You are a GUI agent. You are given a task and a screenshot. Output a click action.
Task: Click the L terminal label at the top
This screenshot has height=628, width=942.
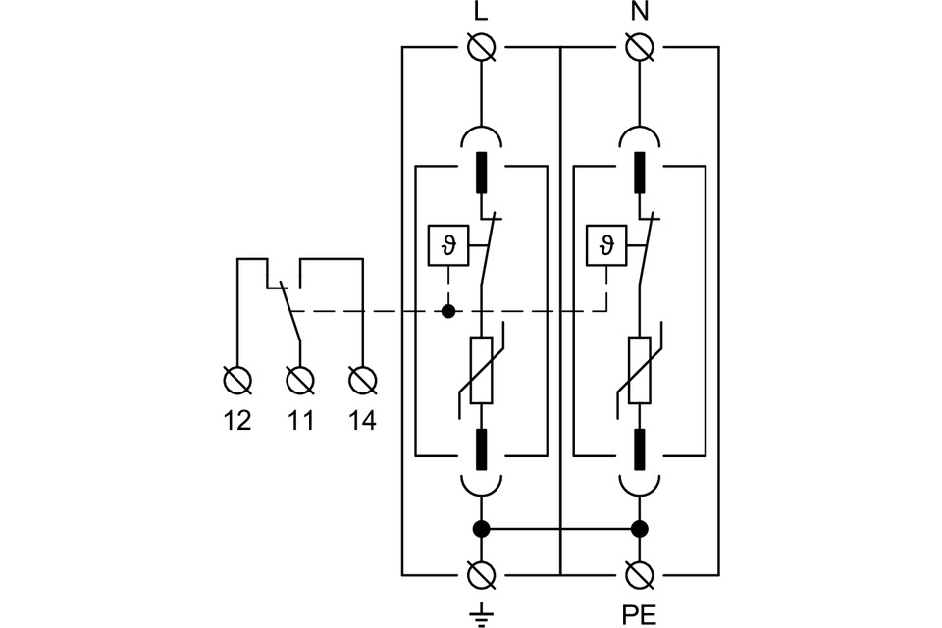[481, 14]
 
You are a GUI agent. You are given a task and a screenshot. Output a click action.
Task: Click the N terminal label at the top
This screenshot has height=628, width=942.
[639, 14]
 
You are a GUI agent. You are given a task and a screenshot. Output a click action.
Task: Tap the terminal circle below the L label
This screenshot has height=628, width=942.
[481, 46]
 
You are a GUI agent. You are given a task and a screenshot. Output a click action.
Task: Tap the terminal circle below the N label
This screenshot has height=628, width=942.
[639, 46]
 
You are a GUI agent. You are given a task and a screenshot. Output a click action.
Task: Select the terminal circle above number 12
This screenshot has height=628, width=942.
[237, 379]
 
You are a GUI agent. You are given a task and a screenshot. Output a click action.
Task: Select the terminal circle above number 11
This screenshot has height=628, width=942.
[300, 379]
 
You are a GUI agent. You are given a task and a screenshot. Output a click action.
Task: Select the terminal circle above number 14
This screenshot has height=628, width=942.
[362, 379]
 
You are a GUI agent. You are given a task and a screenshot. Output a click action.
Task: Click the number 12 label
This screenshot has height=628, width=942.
[237, 421]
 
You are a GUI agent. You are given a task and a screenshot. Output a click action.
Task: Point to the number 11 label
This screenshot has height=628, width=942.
[300, 421]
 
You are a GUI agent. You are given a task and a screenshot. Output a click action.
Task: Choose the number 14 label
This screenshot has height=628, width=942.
[362, 421]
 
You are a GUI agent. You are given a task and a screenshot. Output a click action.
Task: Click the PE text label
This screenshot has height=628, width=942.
[639, 615]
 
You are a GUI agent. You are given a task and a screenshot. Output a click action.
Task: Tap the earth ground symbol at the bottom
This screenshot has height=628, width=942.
[481, 614]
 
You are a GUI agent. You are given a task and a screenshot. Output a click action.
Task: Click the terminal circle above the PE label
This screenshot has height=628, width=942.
[639, 574]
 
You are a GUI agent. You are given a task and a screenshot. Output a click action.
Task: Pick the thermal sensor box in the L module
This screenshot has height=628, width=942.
[448, 245]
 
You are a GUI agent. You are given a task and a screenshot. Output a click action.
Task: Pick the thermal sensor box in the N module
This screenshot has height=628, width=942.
[606, 245]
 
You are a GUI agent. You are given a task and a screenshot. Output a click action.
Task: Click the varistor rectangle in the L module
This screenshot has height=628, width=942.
[481, 370]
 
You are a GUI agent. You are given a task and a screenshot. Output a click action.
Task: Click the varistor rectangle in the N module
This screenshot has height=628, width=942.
[639, 370]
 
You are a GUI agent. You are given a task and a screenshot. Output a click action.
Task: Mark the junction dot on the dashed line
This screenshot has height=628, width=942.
[448, 312]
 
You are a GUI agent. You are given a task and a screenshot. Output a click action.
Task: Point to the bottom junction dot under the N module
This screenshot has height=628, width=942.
[639, 529]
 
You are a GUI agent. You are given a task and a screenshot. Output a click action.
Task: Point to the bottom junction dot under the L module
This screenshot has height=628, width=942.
[481, 529]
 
